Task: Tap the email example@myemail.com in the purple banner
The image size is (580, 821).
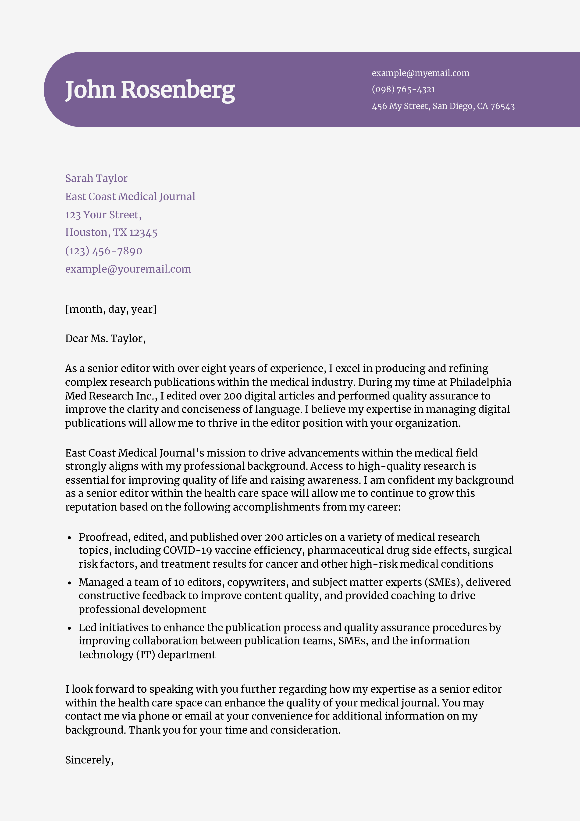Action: tap(420, 73)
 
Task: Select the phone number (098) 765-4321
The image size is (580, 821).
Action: tap(403, 89)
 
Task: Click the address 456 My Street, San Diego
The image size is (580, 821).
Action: tap(443, 106)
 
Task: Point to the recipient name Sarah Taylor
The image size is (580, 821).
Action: tap(96, 178)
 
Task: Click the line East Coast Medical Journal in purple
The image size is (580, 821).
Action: tap(130, 196)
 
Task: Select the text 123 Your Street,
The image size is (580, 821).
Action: tap(103, 215)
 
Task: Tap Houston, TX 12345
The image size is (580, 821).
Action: tap(111, 232)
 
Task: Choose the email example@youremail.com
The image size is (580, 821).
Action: tap(128, 269)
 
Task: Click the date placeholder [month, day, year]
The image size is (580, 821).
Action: tap(111, 309)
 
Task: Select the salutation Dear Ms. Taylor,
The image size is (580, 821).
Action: tap(105, 338)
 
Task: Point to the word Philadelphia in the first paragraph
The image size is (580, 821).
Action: tap(480, 382)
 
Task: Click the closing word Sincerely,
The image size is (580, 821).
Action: tap(89, 760)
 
